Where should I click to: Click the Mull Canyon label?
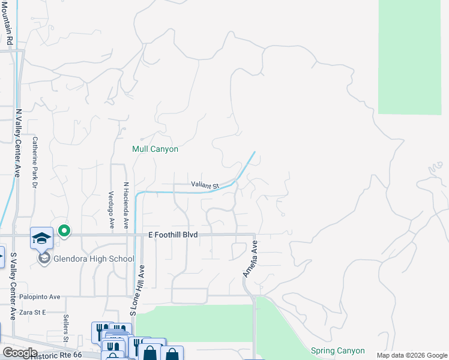click(155, 149)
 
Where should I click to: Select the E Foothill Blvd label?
click(173, 235)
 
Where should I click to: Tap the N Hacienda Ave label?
click(126, 206)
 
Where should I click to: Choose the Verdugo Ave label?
click(112, 209)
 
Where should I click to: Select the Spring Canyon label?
click(338, 350)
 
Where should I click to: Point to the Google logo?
click(19, 353)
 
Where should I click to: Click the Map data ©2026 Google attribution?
click(411, 355)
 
